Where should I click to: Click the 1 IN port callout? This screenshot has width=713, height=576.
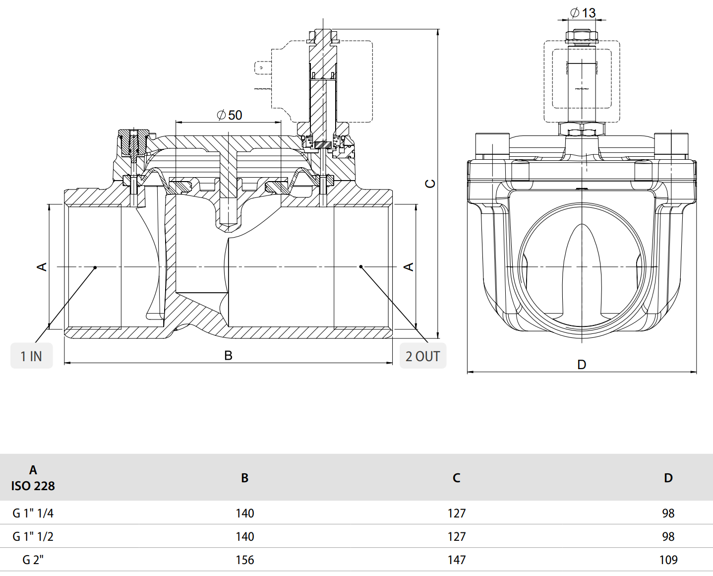(31, 356)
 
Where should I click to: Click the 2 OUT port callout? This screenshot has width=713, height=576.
(422, 356)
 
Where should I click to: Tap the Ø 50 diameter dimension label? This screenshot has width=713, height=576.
(230, 115)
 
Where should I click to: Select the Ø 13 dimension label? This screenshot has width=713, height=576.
(583, 12)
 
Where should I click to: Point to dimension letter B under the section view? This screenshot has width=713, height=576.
(228, 355)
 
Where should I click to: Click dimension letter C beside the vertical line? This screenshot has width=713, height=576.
(430, 184)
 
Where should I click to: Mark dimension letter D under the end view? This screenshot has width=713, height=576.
(582, 365)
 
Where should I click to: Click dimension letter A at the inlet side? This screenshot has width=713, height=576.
(42, 267)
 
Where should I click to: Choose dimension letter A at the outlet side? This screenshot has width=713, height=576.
(409, 267)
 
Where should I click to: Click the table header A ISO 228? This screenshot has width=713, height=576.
(33, 478)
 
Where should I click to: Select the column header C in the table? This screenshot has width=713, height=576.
(456, 478)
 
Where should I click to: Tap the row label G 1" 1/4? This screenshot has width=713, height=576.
(33, 513)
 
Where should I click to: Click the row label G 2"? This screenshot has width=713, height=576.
(33, 560)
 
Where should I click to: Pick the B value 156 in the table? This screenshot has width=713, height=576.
(244, 560)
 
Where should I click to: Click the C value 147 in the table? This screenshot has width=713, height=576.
(456, 560)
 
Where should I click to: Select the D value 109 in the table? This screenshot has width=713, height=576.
(668, 560)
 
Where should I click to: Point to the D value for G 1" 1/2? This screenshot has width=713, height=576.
(668, 536)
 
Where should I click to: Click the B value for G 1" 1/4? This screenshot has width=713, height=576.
(244, 513)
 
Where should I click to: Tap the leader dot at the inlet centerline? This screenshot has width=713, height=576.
(95, 267)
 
